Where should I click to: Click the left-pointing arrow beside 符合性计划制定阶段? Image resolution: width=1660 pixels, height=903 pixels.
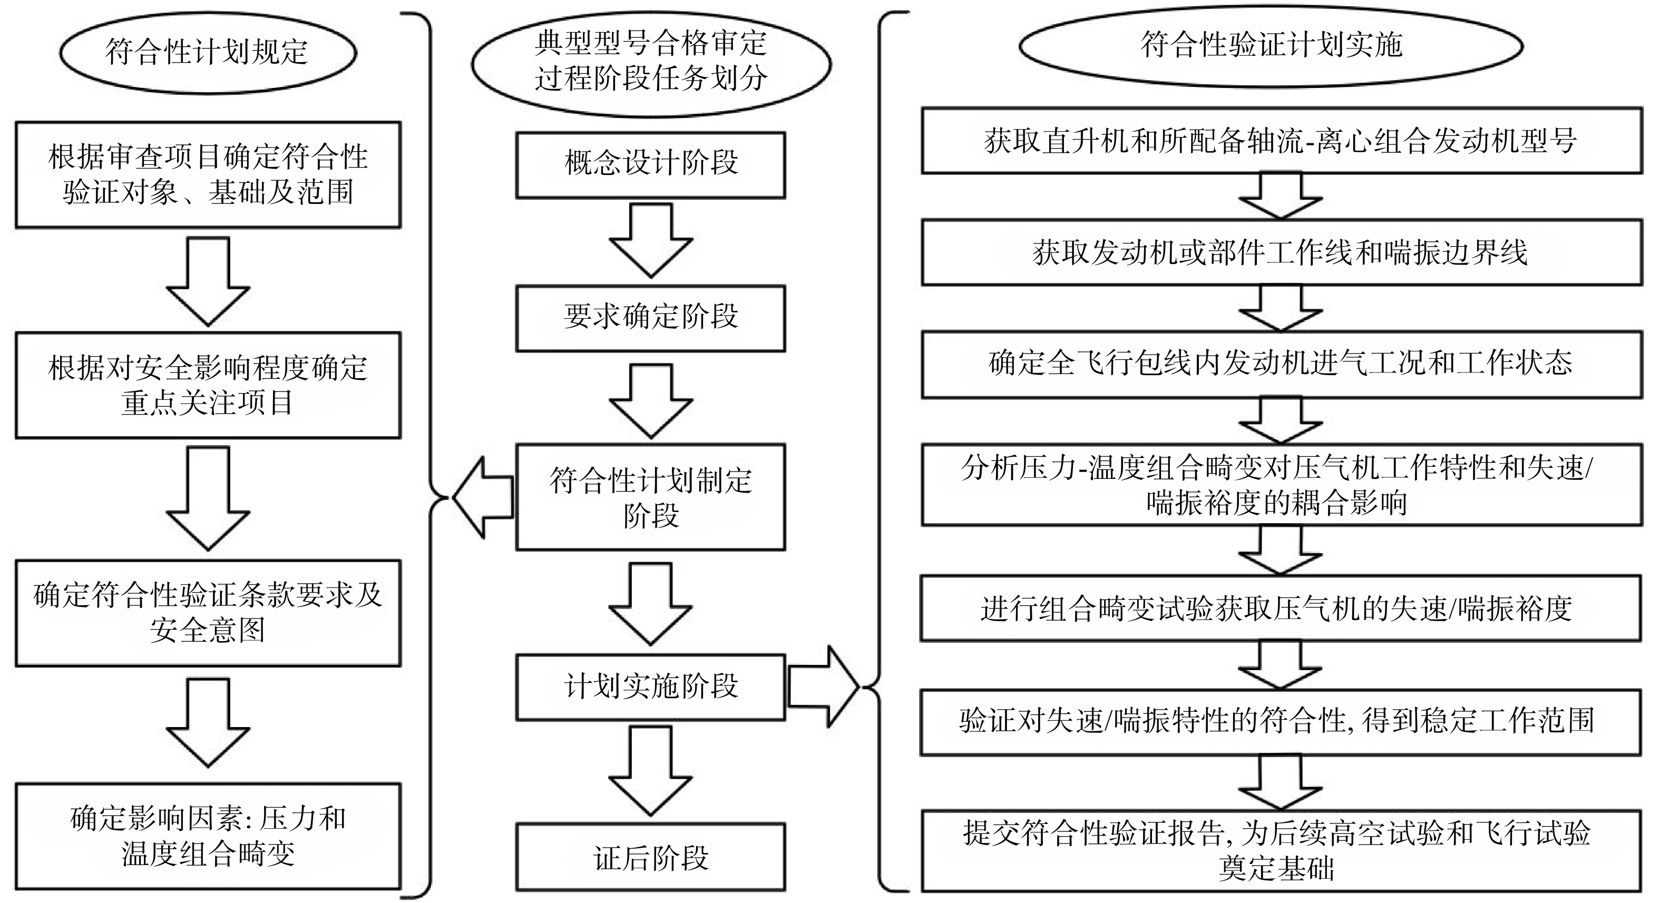coord(483,497)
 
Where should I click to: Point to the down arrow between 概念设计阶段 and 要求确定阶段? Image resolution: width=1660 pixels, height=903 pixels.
coord(651,241)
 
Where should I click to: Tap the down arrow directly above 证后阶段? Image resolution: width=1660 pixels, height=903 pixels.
coord(651,771)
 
